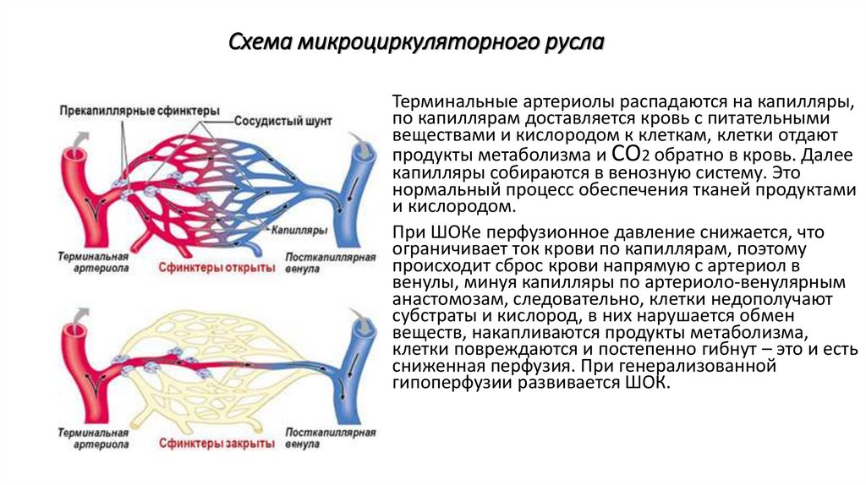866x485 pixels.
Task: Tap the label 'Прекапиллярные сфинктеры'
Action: (x=140, y=111)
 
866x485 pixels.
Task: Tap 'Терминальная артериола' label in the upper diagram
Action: (x=94, y=261)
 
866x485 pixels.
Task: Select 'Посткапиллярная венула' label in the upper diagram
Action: (x=330, y=261)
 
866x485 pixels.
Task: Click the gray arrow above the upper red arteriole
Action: (x=79, y=139)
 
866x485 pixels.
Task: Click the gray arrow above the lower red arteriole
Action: (x=79, y=314)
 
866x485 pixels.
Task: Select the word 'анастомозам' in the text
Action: (x=442, y=299)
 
